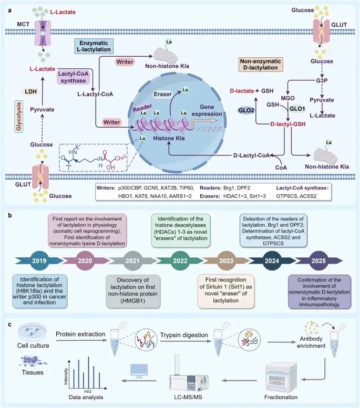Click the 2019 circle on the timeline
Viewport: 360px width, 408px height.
point(39,260)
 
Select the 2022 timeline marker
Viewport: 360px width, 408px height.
point(180,260)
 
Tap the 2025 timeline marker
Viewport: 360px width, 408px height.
point(318,260)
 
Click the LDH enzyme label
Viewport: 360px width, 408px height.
point(30,91)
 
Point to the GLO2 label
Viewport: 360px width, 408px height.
point(246,110)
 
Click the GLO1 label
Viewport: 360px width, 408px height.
point(297,109)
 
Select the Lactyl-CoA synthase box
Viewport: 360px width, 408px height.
point(73,77)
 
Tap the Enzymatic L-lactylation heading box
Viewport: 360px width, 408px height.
point(94,46)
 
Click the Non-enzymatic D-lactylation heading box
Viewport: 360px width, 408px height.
point(261,64)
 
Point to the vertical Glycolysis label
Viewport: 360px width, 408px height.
point(19,117)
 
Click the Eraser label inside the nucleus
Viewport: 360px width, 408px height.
point(163,94)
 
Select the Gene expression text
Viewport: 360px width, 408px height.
point(207,110)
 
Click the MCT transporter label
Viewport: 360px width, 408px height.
point(23,24)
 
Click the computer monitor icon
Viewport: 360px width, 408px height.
point(139,371)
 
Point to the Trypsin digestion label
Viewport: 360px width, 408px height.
point(184,335)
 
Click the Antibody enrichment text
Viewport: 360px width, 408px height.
point(311,342)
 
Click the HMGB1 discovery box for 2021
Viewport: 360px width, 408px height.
point(133,290)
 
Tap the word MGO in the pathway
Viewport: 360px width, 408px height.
point(287,98)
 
